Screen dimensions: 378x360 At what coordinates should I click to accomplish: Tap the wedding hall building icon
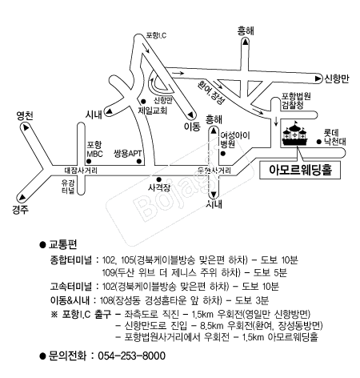[293, 135]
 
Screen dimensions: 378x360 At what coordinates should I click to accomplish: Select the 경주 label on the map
[21, 210]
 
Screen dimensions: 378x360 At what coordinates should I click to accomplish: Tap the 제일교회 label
[151, 111]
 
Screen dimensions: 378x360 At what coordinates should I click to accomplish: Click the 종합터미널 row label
[74, 261]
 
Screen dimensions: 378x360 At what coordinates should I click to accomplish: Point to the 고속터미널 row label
[74, 286]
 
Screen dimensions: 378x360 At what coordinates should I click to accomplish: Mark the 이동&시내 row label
[74, 299]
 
